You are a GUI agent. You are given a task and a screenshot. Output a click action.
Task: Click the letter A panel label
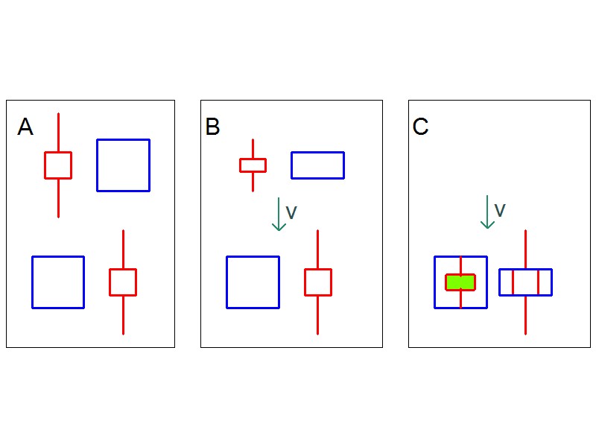click(25, 127)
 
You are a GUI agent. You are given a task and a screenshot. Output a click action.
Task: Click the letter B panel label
click(212, 127)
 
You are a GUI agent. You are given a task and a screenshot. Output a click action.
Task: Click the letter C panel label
click(420, 127)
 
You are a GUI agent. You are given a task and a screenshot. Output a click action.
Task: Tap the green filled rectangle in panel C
click(460, 282)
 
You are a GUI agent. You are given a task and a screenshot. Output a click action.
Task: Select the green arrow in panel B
click(279, 214)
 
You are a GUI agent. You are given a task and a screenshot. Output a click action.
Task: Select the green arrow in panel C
click(487, 212)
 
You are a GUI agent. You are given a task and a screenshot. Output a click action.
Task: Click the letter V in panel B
click(291, 213)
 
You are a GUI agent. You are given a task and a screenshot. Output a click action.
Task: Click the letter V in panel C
click(500, 211)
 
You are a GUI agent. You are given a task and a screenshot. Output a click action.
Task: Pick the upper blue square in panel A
click(123, 165)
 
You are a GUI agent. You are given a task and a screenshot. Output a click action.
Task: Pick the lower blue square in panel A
click(58, 282)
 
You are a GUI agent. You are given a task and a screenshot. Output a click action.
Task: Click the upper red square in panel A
click(58, 165)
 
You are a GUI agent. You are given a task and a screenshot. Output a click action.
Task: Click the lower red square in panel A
click(123, 282)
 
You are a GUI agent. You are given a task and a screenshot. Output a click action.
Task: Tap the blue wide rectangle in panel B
click(317, 165)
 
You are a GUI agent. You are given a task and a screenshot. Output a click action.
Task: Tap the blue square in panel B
click(253, 282)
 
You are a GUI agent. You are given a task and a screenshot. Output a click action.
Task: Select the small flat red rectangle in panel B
click(253, 165)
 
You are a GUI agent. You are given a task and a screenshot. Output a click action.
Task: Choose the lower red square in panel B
click(317, 282)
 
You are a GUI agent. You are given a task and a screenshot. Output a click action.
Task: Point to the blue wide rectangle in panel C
click(525, 282)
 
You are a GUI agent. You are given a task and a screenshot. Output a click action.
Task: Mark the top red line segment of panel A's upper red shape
click(58, 133)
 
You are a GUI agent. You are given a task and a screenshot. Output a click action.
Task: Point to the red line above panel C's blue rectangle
click(525, 250)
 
